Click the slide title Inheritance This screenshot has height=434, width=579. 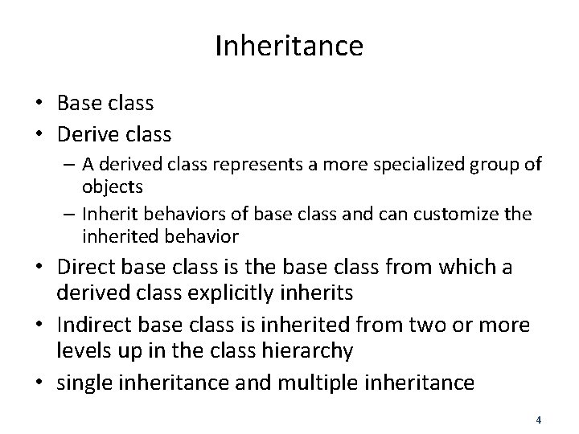[x=289, y=46]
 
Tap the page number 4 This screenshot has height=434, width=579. [x=538, y=419]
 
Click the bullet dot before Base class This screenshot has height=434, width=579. [x=39, y=103]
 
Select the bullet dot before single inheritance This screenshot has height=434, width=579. [x=39, y=382]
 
